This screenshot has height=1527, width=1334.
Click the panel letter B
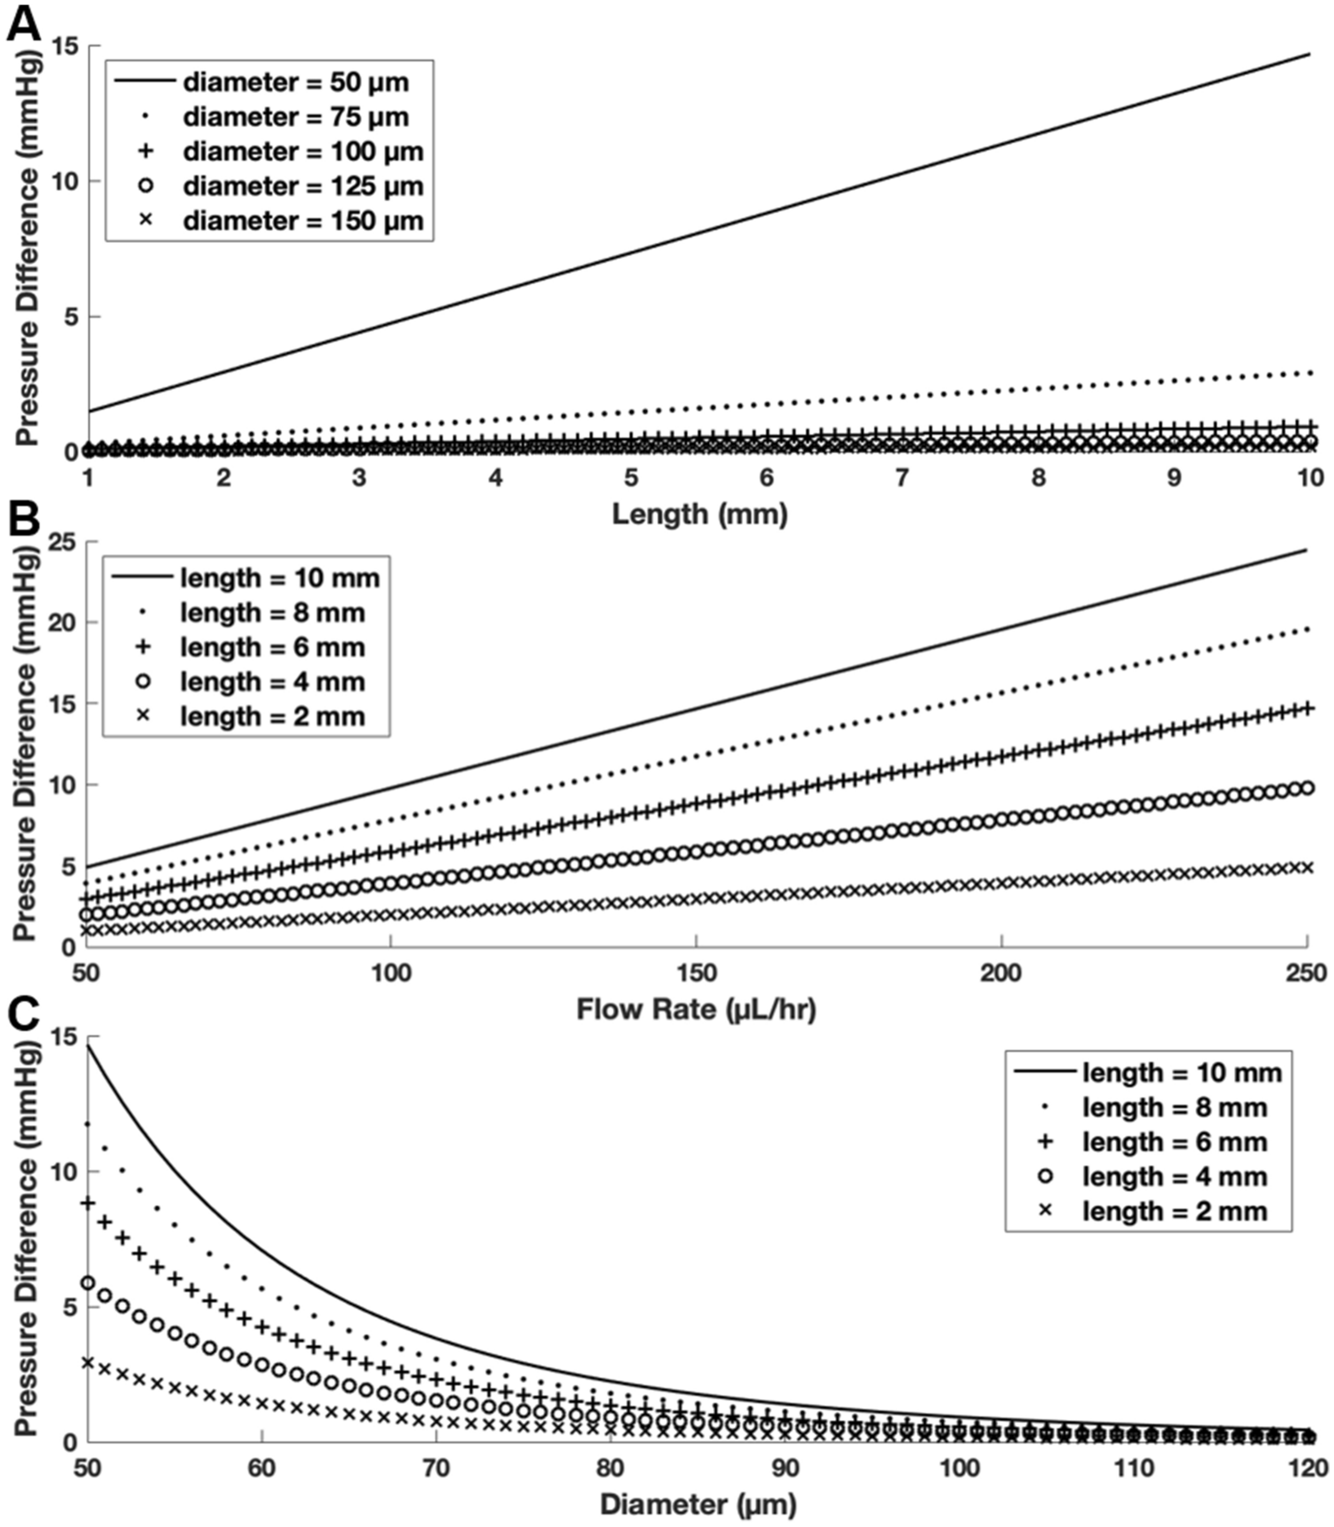point(23,519)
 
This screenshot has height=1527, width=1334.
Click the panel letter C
point(23,1014)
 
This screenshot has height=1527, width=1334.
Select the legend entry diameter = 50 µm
point(296,82)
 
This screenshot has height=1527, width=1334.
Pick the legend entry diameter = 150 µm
point(303,221)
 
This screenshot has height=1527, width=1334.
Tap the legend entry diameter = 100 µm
point(303,152)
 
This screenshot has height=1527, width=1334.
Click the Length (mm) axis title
point(699,513)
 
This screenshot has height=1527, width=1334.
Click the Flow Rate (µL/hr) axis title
point(696,1008)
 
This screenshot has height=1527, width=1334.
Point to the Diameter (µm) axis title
point(697,1503)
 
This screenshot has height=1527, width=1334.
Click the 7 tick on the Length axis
point(901,478)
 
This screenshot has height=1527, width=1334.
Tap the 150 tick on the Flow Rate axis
point(696,973)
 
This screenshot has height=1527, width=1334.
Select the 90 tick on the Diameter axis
point(785,1468)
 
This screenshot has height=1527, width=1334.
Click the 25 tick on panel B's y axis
point(64,541)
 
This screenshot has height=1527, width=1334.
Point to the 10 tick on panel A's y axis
point(64,181)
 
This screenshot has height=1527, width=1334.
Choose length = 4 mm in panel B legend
point(272,682)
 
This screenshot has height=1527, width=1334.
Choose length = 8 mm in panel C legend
point(1174,1108)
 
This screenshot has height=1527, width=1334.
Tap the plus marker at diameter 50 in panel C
point(87,1203)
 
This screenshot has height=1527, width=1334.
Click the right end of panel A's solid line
point(1309,54)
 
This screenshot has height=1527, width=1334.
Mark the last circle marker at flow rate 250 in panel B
point(1308,788)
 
